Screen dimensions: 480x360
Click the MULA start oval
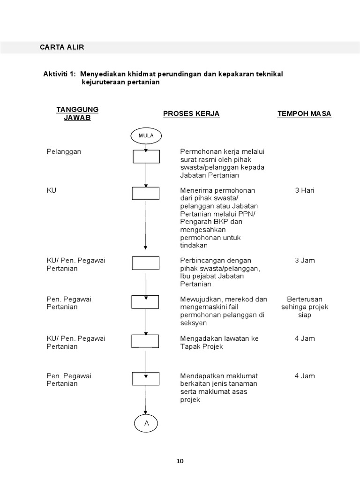pos(146,135)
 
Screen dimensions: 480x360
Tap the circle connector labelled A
pos(146,423)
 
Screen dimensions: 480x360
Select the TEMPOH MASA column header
pos(304,114)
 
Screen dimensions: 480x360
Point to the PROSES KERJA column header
pos(191,114)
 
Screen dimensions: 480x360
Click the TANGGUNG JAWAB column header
pos(77,113)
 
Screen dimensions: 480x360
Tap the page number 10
pos(180,461)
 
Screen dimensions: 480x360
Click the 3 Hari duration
pos(304,191)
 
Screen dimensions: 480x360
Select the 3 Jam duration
pos(304,261)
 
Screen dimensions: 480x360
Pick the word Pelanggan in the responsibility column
pos(64,152)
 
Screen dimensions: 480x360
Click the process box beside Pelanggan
pos(146,157)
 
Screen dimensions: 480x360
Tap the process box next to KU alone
pos(146,193)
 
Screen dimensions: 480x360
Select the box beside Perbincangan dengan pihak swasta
pos(146,263)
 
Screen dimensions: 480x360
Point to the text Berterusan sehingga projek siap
pos(305,307)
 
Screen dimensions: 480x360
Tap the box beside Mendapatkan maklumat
pos(146,378)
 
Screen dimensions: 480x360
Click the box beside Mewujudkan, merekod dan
pos(146,302)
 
